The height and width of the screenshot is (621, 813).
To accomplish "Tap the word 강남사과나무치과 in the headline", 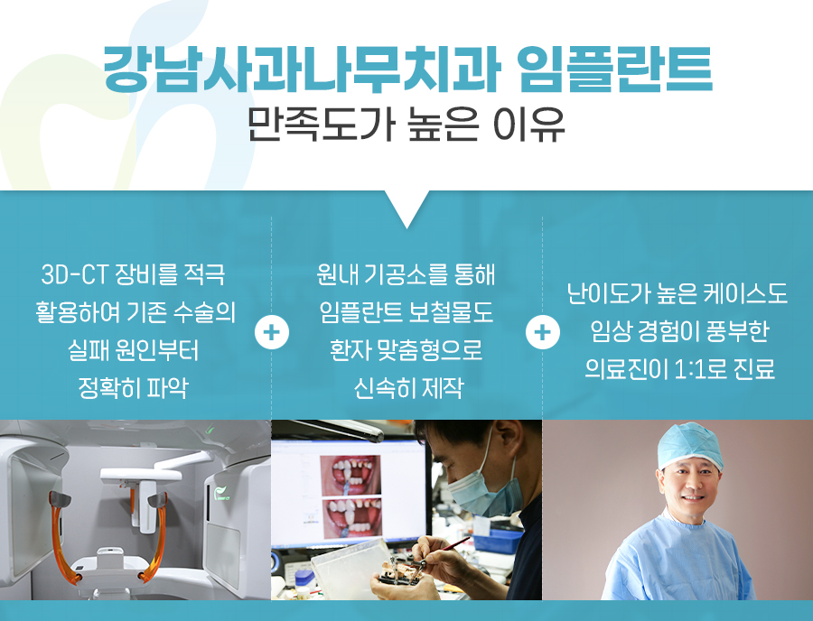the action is point(302,70).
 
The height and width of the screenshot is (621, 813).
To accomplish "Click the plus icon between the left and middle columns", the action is point(272,332).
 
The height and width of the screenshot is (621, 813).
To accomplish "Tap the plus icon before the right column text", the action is point(542,332).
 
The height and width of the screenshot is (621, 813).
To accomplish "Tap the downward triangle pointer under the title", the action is point(407,209).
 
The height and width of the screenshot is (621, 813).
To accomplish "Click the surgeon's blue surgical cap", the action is point(690,445).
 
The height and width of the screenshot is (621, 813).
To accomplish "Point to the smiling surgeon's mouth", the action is point(693,497).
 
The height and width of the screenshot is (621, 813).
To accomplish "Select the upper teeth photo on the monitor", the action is point(351,475).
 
